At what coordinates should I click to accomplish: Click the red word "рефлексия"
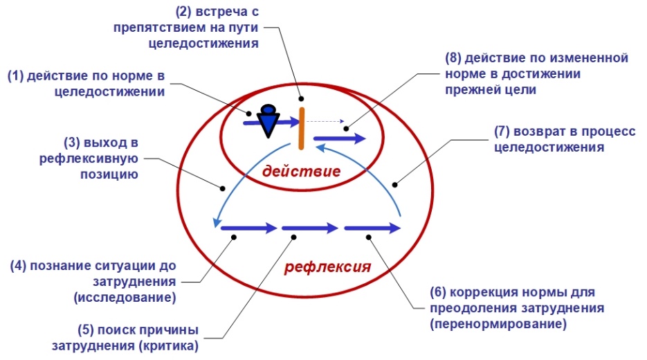pyautogui.click(x=329, y=267)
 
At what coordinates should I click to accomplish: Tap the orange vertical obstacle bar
pyautogui.click(x=301, y=128)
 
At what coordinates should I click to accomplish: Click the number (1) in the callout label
pyautogui.click(x=16, y=77)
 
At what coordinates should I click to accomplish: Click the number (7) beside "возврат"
pyautogui.click(x=502, y=131)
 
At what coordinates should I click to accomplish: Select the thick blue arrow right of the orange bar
pyautogui.click(x=339, y=138)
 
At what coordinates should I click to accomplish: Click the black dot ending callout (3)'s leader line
pyautogui.click(x=223, y=186)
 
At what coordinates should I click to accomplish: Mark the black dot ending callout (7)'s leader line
pyautogui.click(x=395, y=184)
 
